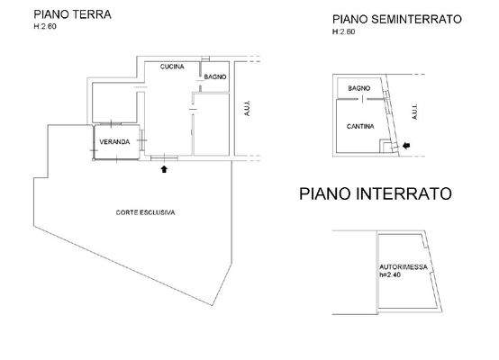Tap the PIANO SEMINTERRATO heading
(396, 18)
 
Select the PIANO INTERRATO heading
(375, 194)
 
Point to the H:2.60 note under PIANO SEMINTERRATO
(344, 31)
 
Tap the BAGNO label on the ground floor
(215, 77)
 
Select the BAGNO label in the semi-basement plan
(359, 87)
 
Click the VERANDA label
(114, 142)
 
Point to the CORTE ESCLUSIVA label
(144, 212)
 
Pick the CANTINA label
(361, 127)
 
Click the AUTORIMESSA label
(401, 267)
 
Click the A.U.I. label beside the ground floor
(246, 109)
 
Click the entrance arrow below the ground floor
(164, 166)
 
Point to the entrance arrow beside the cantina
(404, 145)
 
